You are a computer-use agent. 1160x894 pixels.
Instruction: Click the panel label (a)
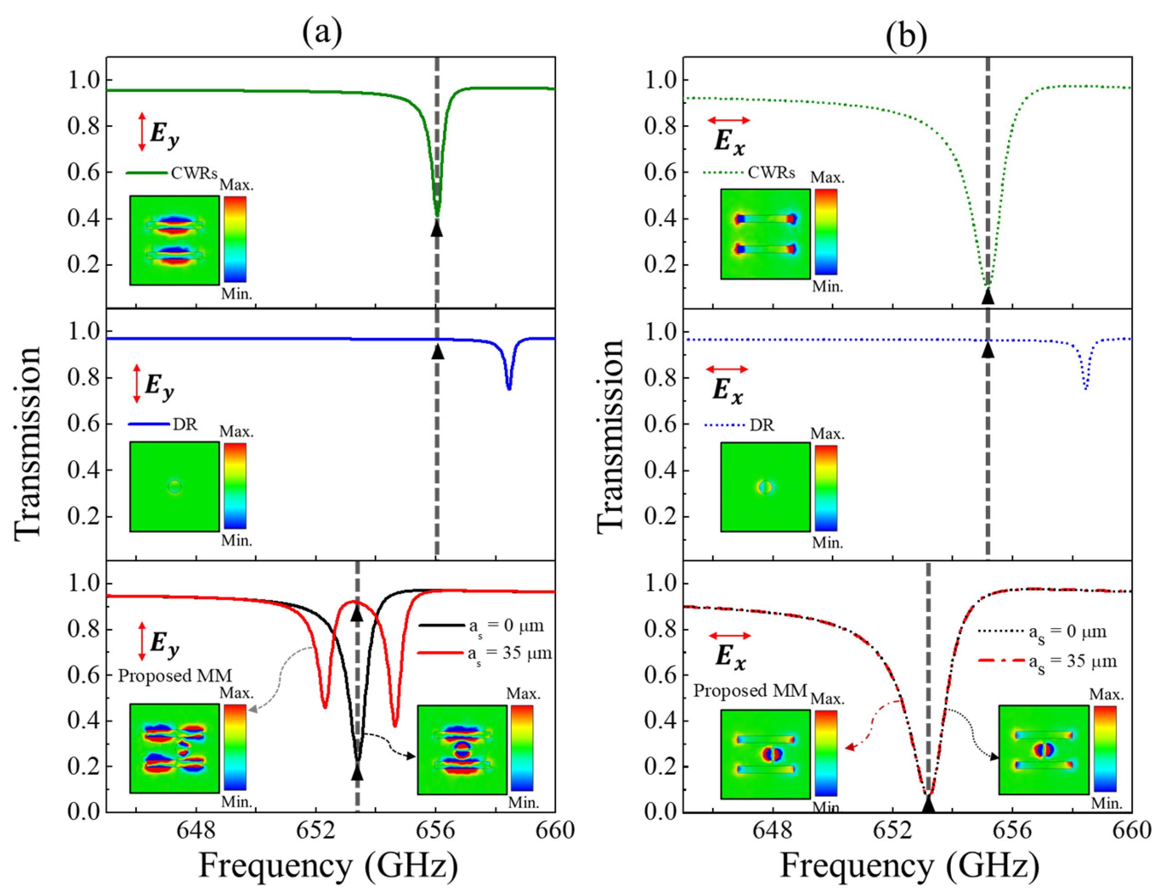[322, 32]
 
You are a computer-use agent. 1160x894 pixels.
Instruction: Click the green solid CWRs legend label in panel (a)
[194, 173]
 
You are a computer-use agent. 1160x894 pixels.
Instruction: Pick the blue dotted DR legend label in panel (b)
[762, 425]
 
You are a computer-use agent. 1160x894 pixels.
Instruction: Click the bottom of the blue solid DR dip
[509, 389]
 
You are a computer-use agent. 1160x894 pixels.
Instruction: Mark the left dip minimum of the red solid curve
[325, 707]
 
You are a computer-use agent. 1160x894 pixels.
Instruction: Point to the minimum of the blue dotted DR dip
[1086, 389]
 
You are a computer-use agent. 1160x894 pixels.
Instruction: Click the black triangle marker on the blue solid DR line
[437, 352]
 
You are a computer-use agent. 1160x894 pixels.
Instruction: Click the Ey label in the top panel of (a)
[164, 133]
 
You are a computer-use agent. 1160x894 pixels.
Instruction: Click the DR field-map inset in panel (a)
[174, 486]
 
